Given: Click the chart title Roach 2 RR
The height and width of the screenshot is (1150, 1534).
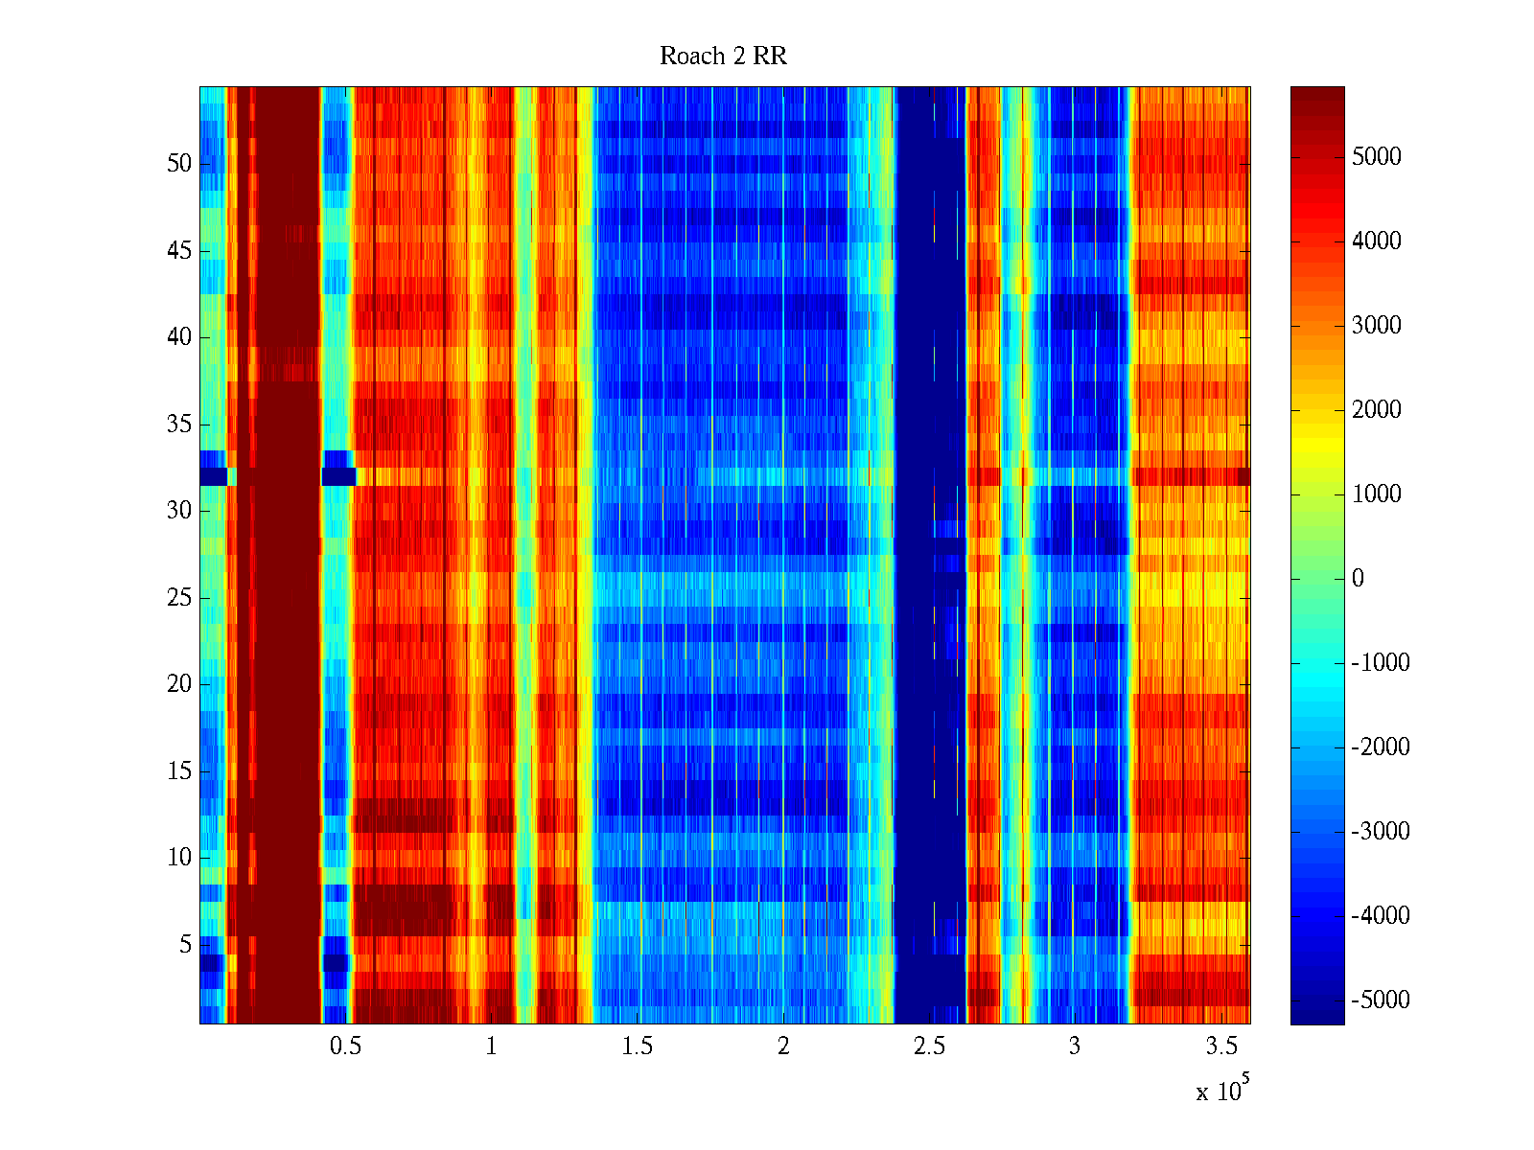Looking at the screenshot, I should (723, 57).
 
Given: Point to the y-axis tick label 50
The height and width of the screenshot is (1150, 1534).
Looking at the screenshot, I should (179, 164).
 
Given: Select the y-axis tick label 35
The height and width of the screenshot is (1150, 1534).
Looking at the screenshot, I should (179, 425).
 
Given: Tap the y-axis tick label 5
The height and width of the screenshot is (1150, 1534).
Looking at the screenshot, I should (185, 945).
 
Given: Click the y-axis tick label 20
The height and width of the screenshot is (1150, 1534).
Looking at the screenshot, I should (179, 684).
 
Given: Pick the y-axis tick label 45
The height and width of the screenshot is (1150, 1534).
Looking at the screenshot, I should (179, 251).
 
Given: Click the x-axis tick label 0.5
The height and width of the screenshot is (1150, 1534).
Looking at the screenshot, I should (346, 1046).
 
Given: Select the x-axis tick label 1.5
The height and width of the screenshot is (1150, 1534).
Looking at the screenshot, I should (638, 1046).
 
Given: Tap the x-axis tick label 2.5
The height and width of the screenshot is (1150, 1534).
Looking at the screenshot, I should (929, 1046).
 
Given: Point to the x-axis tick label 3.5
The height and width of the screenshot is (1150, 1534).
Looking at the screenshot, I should (1220, 1046).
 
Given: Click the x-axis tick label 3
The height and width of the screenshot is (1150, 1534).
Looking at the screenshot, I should (1075, 1046).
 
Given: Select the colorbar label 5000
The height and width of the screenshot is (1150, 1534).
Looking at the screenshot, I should (1377, 157).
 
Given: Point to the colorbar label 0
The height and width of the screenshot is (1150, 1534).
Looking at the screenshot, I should (1358, 579).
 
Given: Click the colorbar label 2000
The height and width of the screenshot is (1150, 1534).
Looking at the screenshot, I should (1377, 410).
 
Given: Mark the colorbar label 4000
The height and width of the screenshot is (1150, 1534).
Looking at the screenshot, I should (1377, 241).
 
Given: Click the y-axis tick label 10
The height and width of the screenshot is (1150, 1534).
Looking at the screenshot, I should (179, 858).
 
